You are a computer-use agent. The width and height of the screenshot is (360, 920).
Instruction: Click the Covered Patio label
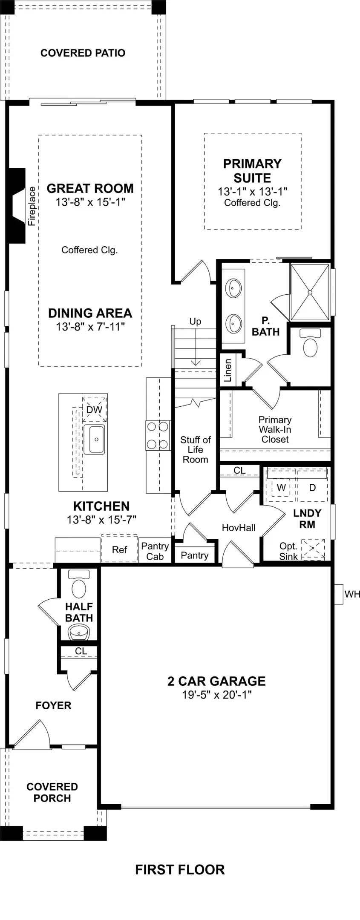[x=83, y=53]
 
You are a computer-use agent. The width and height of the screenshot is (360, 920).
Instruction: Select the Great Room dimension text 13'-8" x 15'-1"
[x=90, y=202]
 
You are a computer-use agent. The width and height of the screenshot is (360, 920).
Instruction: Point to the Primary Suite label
[x=252, y=171]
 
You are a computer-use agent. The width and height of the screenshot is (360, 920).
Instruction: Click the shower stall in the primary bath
[x=310, y=292]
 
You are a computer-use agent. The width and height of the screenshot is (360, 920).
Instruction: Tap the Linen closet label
[x=228, y=370]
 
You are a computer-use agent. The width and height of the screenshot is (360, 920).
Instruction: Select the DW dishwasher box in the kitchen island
[x=94, y=410]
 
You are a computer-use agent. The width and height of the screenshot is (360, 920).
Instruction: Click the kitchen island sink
[x=94, y=439]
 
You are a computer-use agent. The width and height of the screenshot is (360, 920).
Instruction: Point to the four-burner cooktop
[x=158, y=435]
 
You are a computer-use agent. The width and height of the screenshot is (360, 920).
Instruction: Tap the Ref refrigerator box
[x=119, y=549]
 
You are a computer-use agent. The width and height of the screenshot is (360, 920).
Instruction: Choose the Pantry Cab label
[x=155, y=551]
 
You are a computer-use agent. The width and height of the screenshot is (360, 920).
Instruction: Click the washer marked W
[x=281, y=488]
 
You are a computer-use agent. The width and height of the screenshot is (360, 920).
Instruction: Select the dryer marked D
[x=312, y=488]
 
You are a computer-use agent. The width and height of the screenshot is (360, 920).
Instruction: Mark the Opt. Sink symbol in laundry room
[x=313, y=549]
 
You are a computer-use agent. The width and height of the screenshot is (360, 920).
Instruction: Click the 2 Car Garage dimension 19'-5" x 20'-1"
[x=216, y=695]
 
